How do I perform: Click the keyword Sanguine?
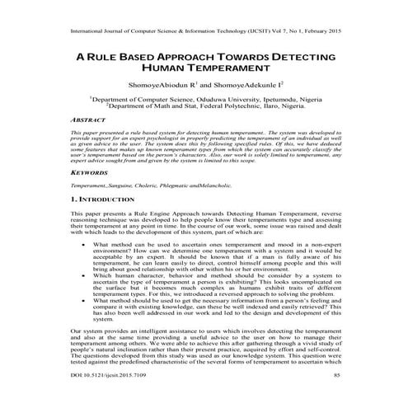tap(134, 187)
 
